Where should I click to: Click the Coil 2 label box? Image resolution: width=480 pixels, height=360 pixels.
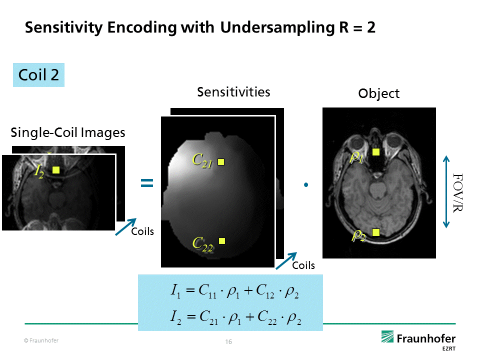pos(38,74)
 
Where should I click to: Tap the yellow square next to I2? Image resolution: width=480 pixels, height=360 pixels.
pos(56,170)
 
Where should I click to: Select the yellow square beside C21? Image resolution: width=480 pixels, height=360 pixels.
pos(221,161)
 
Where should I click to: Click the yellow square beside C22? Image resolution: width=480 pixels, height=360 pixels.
pos(222,241)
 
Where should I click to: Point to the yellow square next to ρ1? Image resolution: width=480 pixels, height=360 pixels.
pos(376,152)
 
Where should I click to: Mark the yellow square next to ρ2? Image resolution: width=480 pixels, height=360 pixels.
pos(376,231)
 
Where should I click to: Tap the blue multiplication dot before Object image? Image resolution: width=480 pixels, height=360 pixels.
pos(305,185)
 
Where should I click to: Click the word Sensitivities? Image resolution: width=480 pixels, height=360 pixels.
pos(233,92)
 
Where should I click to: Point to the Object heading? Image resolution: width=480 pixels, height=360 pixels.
pos(379,93)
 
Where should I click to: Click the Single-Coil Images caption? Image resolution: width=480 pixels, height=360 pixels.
pos(68,132)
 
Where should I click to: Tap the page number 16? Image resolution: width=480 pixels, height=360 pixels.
pos(228,342)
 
